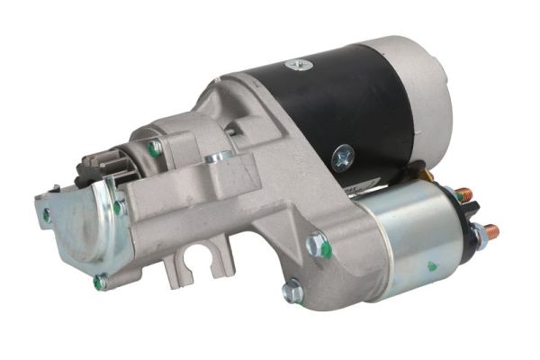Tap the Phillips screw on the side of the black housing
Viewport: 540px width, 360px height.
point(342,159)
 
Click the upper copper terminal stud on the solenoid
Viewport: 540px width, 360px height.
point(463,194)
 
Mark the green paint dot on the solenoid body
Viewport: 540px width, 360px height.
point(432,266)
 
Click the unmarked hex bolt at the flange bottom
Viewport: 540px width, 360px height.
point(292,290)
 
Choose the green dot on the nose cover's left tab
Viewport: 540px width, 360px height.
point(46,215)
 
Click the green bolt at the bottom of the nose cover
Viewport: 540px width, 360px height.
point(101,283)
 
